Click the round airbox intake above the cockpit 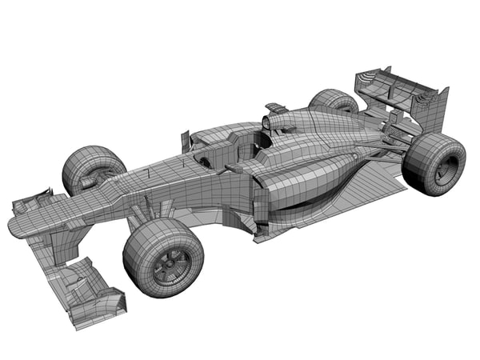[x=267, y=122]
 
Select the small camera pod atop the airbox [x=276, y=106]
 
